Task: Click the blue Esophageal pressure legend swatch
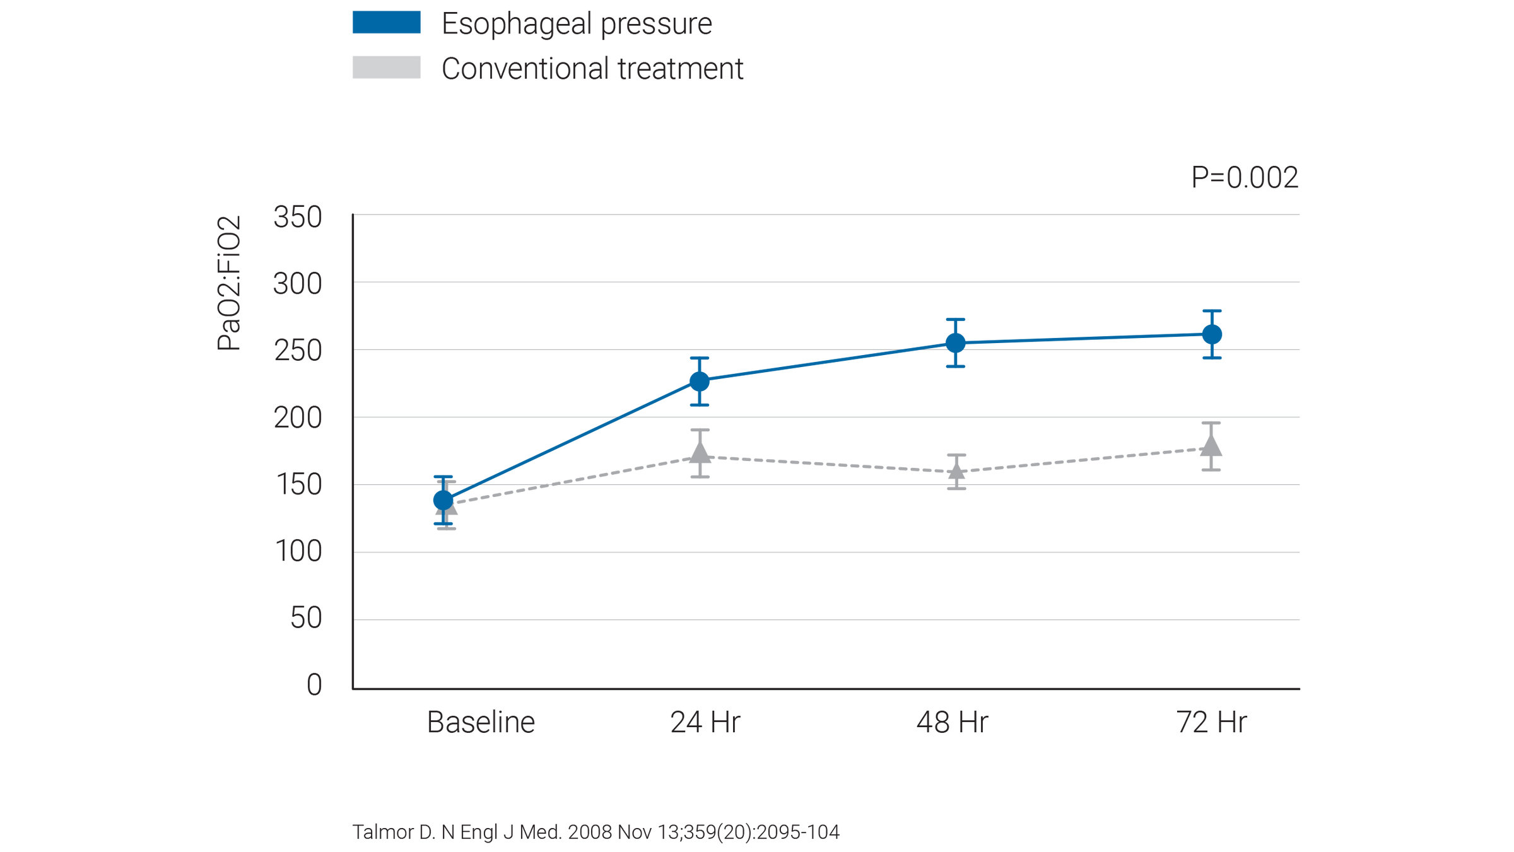pyautogui.click(x=386, y=23)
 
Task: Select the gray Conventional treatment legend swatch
pyautogui.click(x=386, y=67)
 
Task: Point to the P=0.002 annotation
pyautogui.click(x=1244, y=177)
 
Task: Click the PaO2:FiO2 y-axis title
pyautogui.click(x=228, y=283)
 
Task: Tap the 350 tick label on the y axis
pyautogui.click(x=297, y=218)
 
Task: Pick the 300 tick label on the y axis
pyautogui.click(x=297, y=284)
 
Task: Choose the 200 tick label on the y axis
pyautogui.click(x=297, y=418)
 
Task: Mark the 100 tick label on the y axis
pyautogui.click(x=298, y=552)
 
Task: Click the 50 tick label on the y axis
pyautogui.click(x=306, y=618)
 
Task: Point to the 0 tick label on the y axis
pyautogui.click(x=314, y=685)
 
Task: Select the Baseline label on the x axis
pyautogui.click(x=481, y=723)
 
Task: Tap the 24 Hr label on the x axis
pyautogui.click(x=705, y=723)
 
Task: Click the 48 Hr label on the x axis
pyautogui.click(x=952, y=723)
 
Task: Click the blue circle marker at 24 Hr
pyautogui.click(x=700, y=381)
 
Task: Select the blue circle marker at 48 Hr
pyautogui.click(x=956, y=342)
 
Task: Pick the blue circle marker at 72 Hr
pyautogui.click(x=1212, y=334)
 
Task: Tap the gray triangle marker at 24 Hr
pyautogui.click(x=700, y=452)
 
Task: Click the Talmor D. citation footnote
pyautogui.click(x=596, y=832)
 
